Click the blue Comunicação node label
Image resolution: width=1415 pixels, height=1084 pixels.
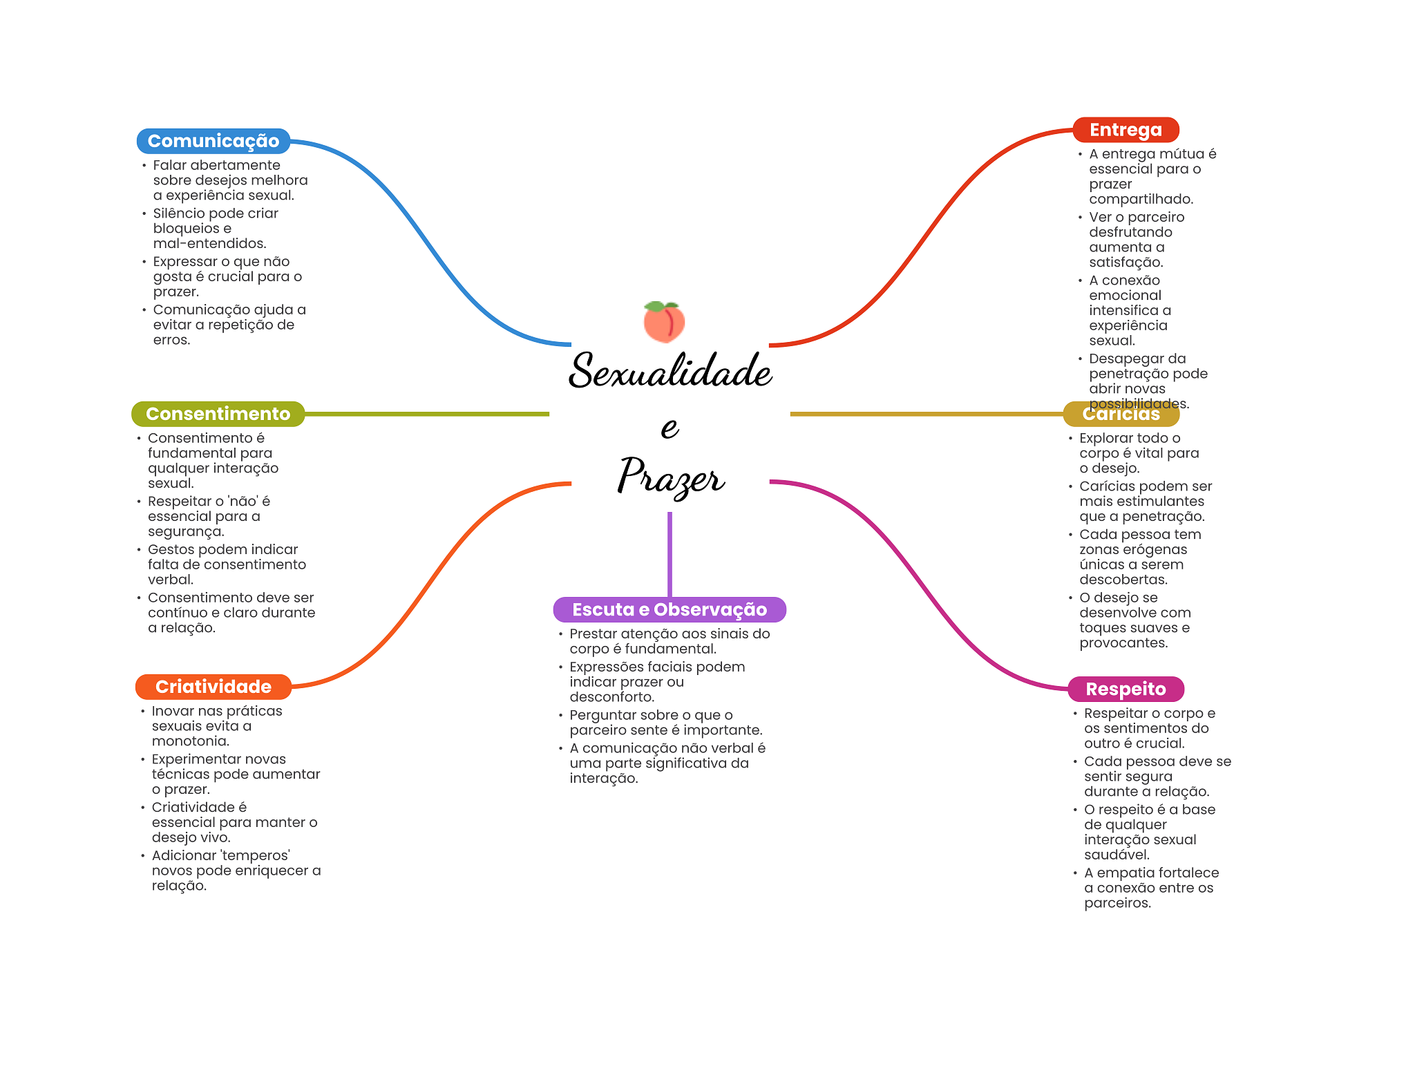[x=213, y=141]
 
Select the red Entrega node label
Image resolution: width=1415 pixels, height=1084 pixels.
[x=1126, y=130]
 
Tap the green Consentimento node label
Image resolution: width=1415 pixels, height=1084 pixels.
[x=218, y=414]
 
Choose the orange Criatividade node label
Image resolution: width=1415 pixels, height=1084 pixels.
[x=213, y=687]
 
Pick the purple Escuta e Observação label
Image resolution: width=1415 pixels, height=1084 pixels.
[x=669, y=609]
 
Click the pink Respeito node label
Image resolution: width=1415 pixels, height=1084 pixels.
[x=1126, y=689]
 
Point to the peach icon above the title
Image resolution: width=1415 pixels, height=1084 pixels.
[x=664, y=322]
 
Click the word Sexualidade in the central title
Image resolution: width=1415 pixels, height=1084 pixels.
[x=669, y=371]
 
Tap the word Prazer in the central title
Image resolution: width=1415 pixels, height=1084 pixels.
[x=670, y=477]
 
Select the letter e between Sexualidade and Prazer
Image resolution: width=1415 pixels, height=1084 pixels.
[x=669, y=428]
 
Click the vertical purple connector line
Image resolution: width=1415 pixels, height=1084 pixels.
[x=669, y=553]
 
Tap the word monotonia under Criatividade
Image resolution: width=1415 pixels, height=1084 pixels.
[x=190, y=741]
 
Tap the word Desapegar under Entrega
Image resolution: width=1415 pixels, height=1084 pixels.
[x=1127, y=359]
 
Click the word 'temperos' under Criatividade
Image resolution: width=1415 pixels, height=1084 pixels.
[x=255, y=856]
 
